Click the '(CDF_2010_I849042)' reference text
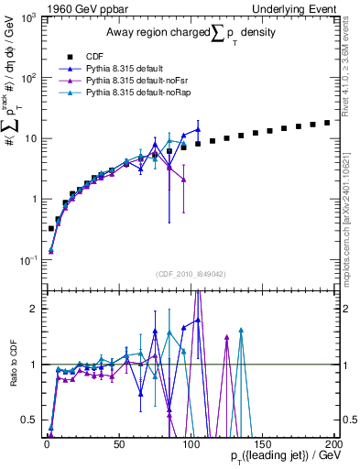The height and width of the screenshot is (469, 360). click(x=185, y=274)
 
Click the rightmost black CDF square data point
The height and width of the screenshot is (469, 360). click(x=327, y=122)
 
